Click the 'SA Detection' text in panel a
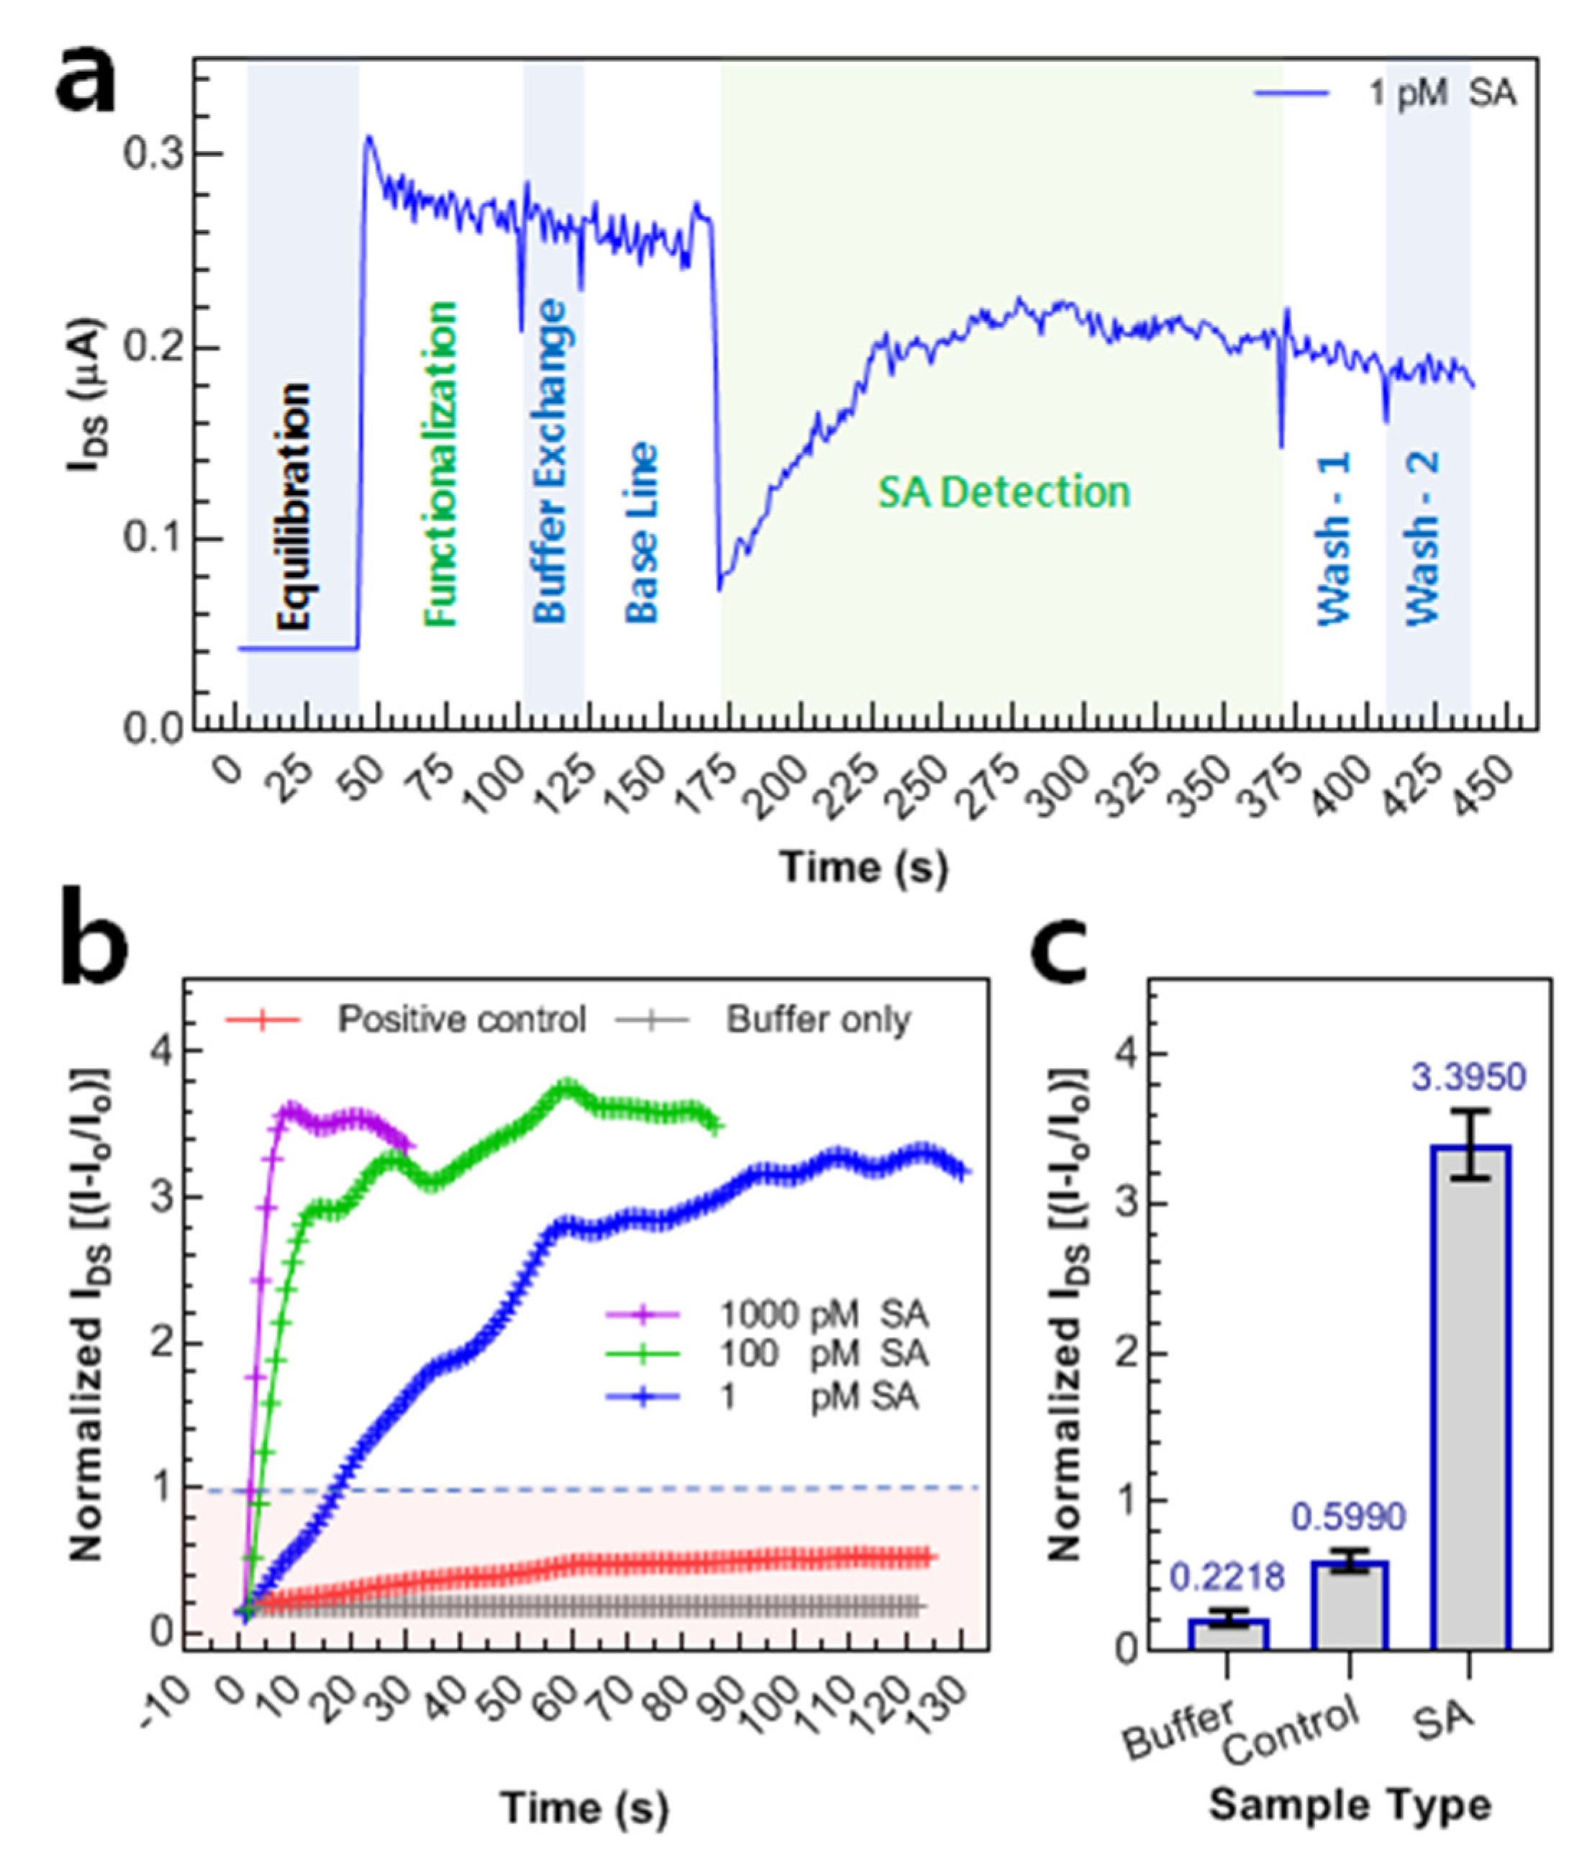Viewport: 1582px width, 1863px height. click(x=1004, y=492)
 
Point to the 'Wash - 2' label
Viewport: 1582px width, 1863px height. click(x=1422, y=538)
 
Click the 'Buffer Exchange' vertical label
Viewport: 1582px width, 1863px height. click(x=550, y=460)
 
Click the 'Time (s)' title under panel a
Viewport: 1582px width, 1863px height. click(x=865, y=867)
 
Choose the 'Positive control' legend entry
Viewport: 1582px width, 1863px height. click(x=461, y=1020)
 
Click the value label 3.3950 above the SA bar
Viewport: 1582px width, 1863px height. click(x=1468, y=1077)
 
